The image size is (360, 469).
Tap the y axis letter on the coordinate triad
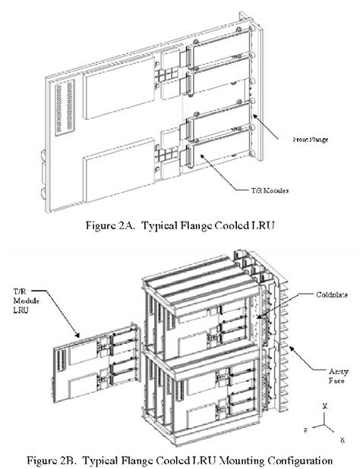point(324,407)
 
